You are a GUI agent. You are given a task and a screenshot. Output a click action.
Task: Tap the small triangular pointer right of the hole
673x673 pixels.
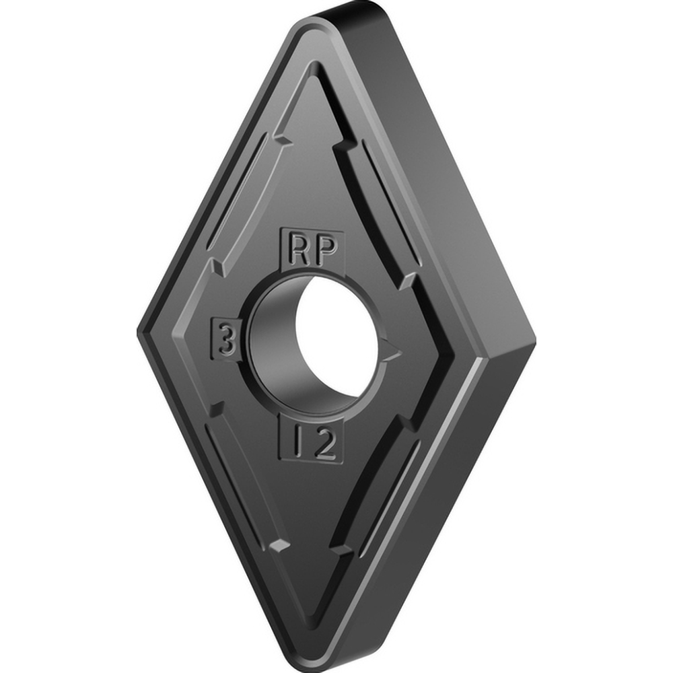(x=392, y=349)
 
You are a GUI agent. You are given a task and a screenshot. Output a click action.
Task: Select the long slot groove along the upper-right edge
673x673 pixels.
(x=377, y=202)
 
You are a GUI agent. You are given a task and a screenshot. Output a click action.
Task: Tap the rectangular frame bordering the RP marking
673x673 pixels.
(x=312, y=233)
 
